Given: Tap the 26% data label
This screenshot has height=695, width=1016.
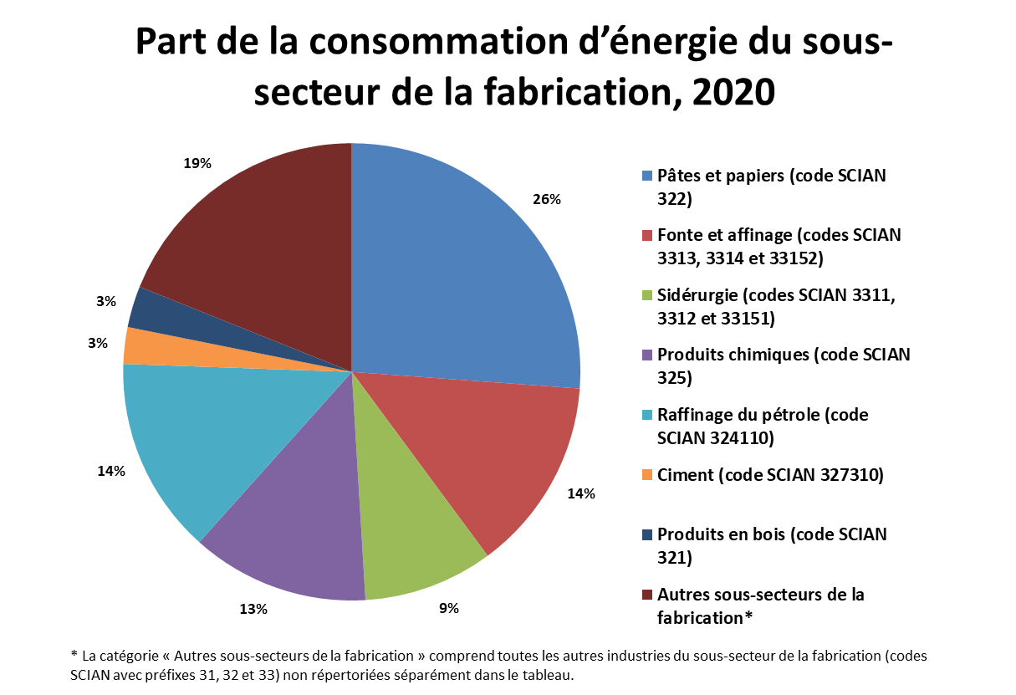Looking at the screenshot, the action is pos(547,200).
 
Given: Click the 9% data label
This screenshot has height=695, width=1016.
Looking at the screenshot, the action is pos(448,608).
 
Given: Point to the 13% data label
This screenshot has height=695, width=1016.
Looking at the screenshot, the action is pos(253,609).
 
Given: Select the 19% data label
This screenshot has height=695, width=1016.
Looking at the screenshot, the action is pos(197,163).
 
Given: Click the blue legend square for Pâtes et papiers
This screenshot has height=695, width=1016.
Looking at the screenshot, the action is pos(647,176).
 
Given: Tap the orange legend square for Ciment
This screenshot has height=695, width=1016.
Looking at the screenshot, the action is pos(647,475).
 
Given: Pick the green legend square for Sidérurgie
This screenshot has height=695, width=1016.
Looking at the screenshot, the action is pos(647,295).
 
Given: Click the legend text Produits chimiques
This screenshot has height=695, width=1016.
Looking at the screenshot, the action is pos(733,355).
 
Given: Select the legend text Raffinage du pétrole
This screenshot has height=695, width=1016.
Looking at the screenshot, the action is pos(738,415).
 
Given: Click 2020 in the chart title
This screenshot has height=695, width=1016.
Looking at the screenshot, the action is pos(733,92).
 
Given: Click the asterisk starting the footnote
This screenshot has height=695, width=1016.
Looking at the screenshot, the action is pos(74,654).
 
